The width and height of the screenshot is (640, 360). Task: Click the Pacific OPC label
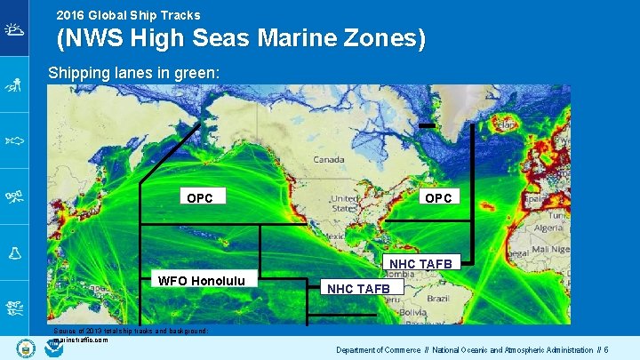200,197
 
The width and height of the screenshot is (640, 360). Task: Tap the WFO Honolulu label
207,281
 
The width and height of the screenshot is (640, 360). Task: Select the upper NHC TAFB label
420,263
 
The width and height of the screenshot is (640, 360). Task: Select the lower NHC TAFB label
358,288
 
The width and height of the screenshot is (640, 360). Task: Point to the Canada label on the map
328,160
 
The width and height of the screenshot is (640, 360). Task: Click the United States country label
341,204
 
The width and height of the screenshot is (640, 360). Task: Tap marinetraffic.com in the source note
81,340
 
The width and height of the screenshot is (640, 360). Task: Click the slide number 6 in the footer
605,349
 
